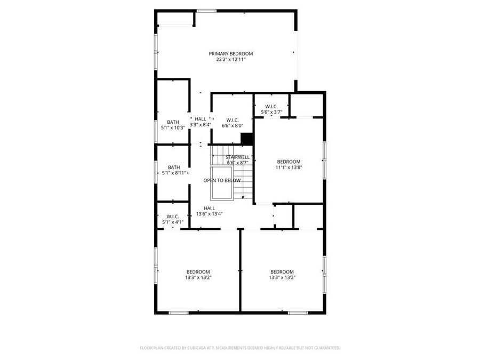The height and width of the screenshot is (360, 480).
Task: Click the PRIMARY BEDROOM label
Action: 230,53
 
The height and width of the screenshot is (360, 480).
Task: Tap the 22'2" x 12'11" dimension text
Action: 230,60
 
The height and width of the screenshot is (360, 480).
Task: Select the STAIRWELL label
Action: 238,157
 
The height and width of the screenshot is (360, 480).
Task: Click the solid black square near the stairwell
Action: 246,138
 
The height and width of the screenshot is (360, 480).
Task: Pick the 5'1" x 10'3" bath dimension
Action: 173,128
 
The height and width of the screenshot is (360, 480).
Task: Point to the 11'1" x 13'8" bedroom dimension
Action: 289,167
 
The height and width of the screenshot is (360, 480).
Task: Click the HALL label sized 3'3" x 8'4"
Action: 200,119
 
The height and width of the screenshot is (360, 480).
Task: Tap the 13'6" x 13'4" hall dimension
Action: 209,214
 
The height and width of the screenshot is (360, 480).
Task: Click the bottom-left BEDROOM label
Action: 198,271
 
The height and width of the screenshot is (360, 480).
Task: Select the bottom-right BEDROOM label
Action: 282,271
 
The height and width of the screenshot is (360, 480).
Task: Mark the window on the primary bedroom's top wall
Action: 206,11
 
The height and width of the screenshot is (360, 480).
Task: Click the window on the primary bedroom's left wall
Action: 156,52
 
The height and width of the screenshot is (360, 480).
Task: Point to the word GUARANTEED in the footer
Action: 325,348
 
